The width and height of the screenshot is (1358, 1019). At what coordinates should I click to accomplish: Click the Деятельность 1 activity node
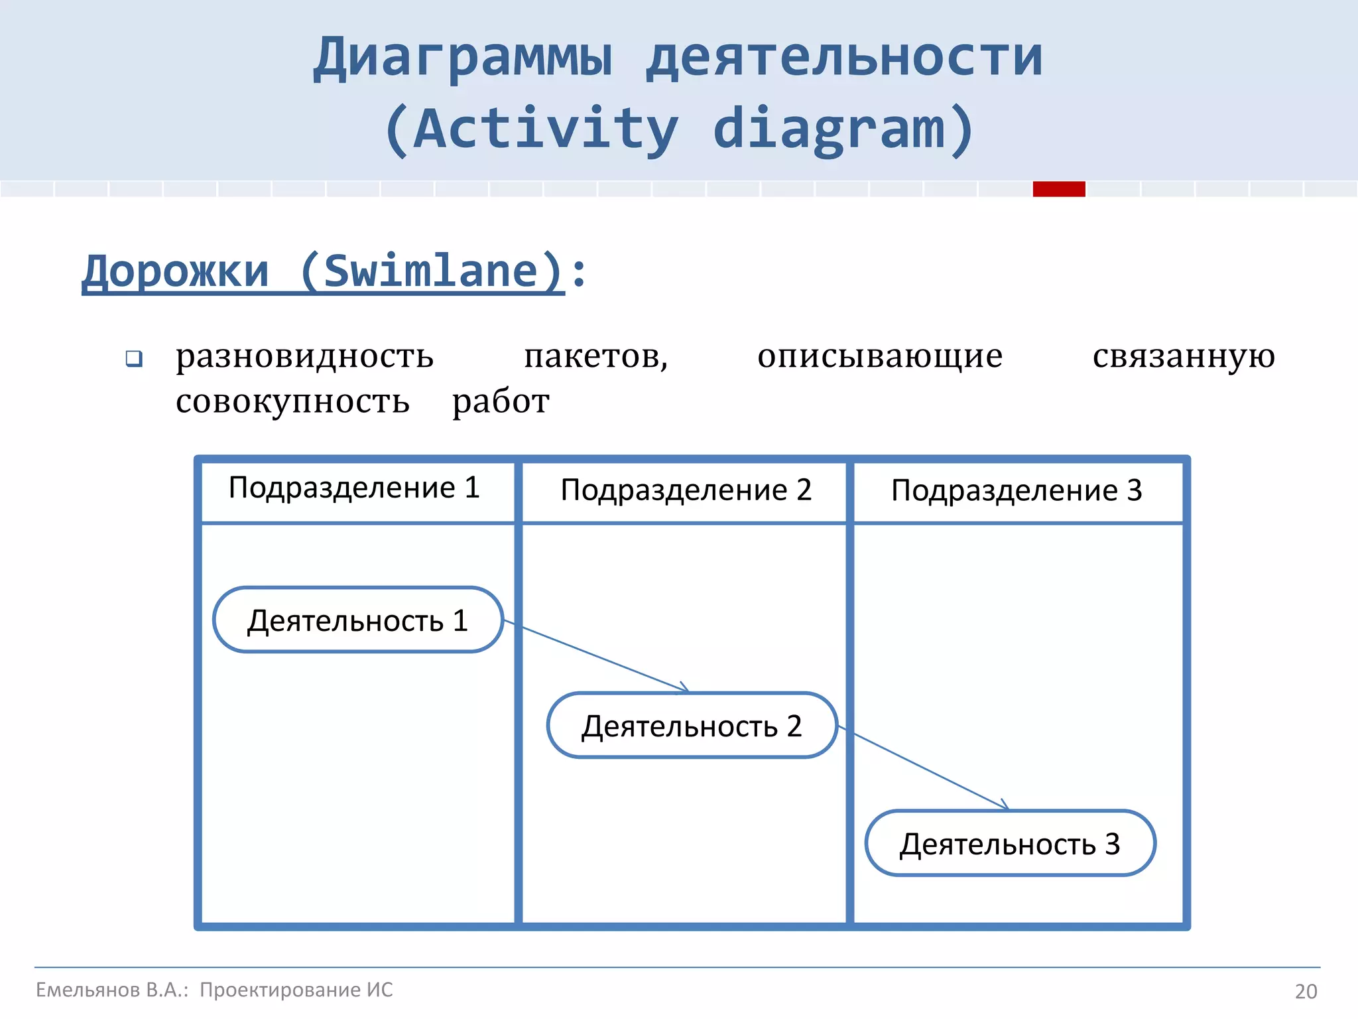coord(358,620)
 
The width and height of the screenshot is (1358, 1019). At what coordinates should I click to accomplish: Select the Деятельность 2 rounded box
coord(692,726)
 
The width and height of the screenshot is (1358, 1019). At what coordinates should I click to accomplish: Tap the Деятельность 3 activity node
coord(1010,844)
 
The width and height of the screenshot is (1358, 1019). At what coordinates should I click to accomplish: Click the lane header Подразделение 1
coord(354,488)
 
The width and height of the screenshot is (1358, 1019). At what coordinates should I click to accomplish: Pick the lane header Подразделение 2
coord(686,491)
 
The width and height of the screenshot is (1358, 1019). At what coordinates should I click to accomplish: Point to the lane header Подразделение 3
coord(1017,491)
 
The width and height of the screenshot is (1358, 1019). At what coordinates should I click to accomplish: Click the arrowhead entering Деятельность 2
coord(685,689)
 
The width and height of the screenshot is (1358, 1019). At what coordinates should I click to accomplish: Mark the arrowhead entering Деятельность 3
coord(1005,806)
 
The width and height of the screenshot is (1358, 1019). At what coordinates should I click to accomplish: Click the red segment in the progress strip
coord(1058,189)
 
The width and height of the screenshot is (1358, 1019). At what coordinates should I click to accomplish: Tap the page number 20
coord(1306,991)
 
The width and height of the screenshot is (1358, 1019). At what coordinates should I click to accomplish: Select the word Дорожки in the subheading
coord(176,272)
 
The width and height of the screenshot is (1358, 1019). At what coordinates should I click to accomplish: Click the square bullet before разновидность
coord(134,359)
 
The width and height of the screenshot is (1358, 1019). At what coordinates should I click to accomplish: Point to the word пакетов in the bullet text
coord(595,357)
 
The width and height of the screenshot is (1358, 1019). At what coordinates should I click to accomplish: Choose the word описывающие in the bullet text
coord(879,357)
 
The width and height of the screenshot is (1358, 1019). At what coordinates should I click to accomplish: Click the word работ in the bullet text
coord(501,402)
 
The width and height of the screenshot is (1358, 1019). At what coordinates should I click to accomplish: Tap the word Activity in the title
coord(546,129)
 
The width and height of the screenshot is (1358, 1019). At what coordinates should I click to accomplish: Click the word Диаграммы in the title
coord(463,58)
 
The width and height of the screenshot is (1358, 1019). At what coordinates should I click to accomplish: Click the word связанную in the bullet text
coord(1183,357)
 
